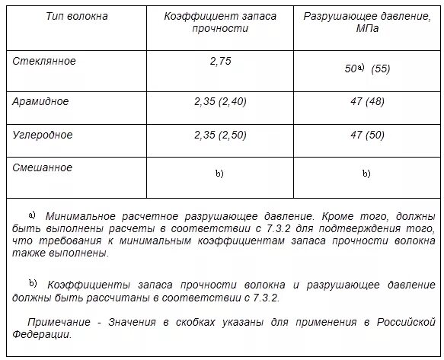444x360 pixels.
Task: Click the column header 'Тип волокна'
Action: [77, 15]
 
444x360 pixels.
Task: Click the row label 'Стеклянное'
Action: [44, 61]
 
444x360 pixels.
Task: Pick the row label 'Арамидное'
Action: [41, 100]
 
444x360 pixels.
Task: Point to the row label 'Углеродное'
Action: [43, 135]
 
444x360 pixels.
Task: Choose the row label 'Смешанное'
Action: [43, 167]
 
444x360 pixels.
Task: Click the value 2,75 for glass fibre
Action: [219, 62]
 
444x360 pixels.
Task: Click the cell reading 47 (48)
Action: [366, 101]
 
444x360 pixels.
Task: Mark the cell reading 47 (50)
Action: [366, 135]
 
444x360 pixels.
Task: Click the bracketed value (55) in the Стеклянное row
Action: [381, 68]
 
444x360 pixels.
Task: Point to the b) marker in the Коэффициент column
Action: [219, 174]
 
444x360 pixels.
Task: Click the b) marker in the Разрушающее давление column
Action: [366, 174]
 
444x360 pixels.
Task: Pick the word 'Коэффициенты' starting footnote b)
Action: [81, 285]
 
